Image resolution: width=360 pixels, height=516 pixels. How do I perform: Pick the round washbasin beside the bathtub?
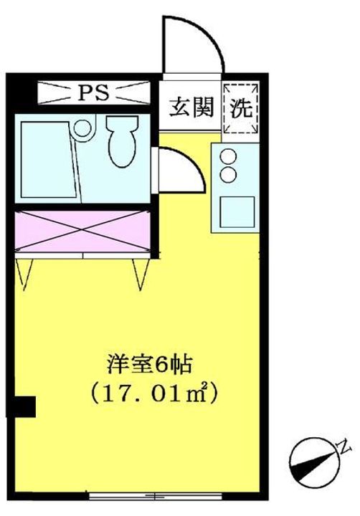point(82,130)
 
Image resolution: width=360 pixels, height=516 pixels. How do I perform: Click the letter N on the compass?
point(345,446)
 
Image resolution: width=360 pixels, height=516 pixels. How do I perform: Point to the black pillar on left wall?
point(26,406)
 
